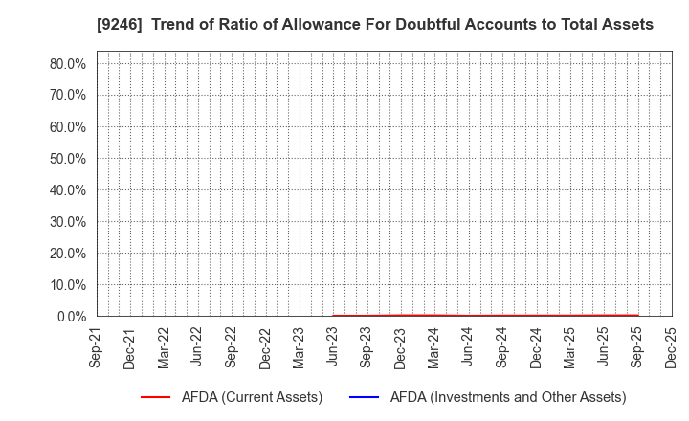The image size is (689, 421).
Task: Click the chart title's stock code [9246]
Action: click(x=117, y=25)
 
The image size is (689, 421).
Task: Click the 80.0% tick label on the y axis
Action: click(x=68, y=64)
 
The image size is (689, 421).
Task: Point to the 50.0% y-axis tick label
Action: click(x=68, y=159)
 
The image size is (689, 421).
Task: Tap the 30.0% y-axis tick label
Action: click(x=68, y=222)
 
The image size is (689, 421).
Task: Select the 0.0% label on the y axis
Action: click(x=72, y=316)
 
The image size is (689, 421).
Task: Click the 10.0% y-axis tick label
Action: click(x=68, y=285)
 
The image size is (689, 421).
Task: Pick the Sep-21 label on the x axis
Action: click(x=97, y=346)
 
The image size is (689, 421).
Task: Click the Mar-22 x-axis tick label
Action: click(x=164, y=346)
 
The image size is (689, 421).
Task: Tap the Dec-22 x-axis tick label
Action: click(x=265, y=346)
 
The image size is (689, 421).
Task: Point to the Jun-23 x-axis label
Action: click(x=333, y=346)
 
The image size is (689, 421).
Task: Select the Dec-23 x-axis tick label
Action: click(x=400, y=346)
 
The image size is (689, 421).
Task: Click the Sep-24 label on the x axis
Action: click(x=501, y=346)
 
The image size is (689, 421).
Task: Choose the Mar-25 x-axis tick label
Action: click(x=569, y=346)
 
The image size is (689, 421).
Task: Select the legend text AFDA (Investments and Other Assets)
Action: click(x=495, y=397)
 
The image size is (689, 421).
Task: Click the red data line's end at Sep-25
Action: click(x=637, y=315)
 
